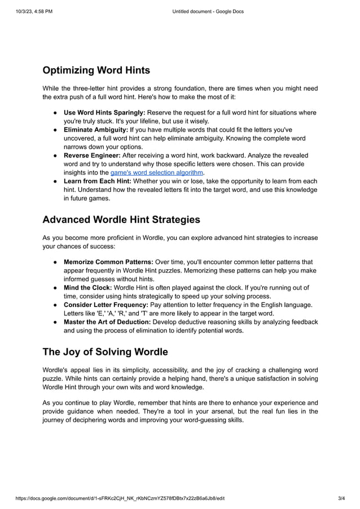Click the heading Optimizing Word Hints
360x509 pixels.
pos(96,71)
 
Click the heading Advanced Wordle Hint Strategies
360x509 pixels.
pos(121,220)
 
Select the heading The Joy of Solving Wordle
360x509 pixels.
pos(106,352)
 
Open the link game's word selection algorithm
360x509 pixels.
pos(156,173)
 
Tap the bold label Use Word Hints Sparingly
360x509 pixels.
pos(104,112)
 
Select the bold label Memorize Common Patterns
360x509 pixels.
pos(108,262)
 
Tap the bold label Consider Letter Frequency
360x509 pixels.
pos(106,305)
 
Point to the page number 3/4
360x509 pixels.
pos(341,498)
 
